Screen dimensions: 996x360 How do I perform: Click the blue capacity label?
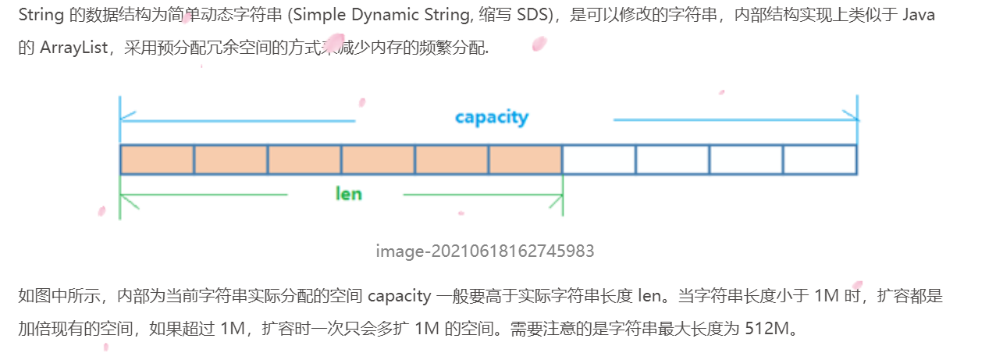click(x=492, y=118)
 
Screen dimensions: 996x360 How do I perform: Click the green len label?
click(x=348, y=194)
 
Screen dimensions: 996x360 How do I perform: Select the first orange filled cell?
click(x=157, y=159)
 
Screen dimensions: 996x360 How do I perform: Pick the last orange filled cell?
click(x=525, y=159)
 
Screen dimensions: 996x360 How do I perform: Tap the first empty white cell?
click(x=599, y=159)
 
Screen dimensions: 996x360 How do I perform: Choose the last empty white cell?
click(x=820, y=159)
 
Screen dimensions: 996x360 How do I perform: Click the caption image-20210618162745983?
click(x=485, y=251)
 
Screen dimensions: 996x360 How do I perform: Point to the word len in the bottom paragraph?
click(x=635, y=296)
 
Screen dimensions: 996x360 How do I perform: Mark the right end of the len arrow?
click(x=561, y=195)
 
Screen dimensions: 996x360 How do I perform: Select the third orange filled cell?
click(x=304, y=159)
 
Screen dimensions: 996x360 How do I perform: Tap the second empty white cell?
click(x=672, y=159)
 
